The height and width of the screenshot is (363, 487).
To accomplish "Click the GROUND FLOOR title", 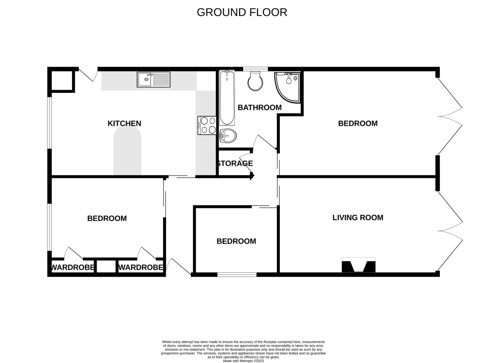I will pyautogui.click(x=242, y=12).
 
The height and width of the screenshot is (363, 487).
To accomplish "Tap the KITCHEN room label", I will pyautogui.click(x=124, y=123).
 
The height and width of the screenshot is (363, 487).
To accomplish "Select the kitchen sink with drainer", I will pyautogui.click(x=153, y=79).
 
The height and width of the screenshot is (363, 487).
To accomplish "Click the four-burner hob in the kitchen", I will pyautogui.click(x=207, y=125).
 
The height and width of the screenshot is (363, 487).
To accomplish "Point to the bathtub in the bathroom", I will pyautogui.click(x=227, y=98).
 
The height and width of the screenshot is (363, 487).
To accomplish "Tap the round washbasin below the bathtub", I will pyautogui.click(x=228, y=136).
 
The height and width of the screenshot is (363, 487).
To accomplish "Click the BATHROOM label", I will pyautogui.click(x=259, y=108).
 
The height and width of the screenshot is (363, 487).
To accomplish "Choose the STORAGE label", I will pyautogui.click(x=235, y=163).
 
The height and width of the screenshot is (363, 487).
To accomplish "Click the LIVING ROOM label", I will pyautogui.click(x=358, y=217).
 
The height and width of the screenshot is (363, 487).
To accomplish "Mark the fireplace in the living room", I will pyautogui.click(x=358, y=266).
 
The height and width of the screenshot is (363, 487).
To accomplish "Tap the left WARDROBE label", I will pyautogui.click(x=73, y=267).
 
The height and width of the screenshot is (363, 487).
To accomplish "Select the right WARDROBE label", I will pyautogui.click(x=140, y=267).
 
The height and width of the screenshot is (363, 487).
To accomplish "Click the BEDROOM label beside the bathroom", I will pyautogui.click(x=358, y=123).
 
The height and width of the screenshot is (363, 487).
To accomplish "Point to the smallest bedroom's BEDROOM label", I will pyautogui.click(x=236, y=241).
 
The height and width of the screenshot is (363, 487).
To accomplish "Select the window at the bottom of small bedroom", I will pyautogui.click(x=237, y=274).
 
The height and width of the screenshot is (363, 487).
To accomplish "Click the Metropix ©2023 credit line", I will pyautogui.click(x=243, y=361).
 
